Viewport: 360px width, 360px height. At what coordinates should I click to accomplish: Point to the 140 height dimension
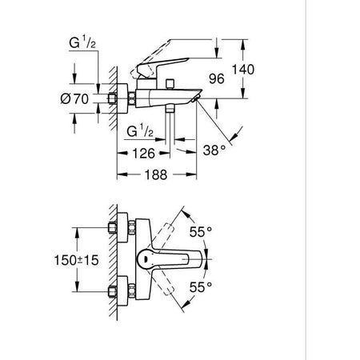(242, 69)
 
